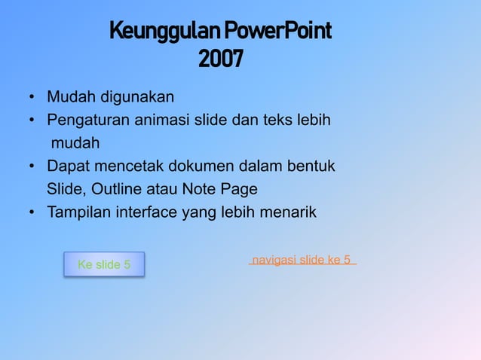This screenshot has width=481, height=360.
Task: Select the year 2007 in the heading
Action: point(221,59)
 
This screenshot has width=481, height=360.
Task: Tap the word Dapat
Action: point(67,166)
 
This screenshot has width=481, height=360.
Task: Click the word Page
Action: point(239,188)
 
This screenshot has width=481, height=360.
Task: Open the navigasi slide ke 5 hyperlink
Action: point(302,260)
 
